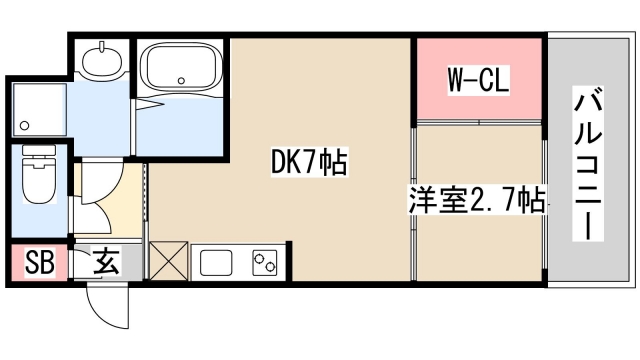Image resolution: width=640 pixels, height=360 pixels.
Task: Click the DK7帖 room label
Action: pos(309,161)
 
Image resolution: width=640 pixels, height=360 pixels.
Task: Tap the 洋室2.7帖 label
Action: pos(476,200)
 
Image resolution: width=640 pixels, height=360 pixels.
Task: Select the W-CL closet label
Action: pos(479,81)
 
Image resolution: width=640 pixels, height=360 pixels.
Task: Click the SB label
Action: pos(39,264)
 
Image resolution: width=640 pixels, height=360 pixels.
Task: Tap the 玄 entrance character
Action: pos(107,264)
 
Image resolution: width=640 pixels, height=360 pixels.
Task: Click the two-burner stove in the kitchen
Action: pos(264,263)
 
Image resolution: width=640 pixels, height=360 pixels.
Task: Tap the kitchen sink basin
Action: pos(217,264)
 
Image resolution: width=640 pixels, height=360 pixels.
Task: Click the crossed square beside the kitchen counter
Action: pos(166,262)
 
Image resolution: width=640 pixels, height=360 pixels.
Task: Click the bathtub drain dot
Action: pos(181,79)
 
